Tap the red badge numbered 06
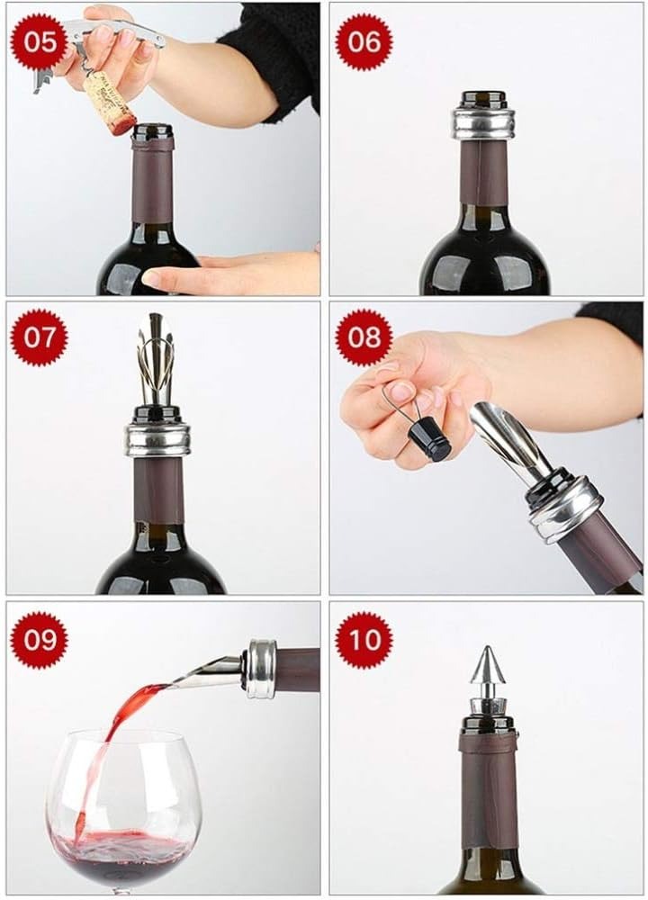(x=364, y=41)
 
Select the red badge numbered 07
(x=39, y=337)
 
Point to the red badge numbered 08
(x=364, y=337)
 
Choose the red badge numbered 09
(x=39, y=640)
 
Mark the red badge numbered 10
(x=364, y=640)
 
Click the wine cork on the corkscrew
(x=110, y=103)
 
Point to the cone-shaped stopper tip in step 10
(x=483, y=665)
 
